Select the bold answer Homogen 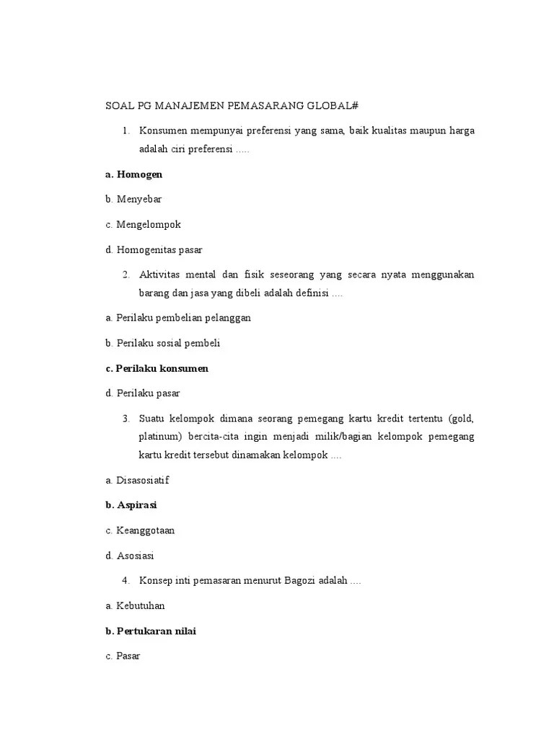(139, 174)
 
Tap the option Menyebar (139, 200)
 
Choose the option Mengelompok (148, 224)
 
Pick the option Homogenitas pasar (159, 249)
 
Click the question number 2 (126, 275)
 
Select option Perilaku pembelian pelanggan (183, 317)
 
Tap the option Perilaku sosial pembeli (168, 343)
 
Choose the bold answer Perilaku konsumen (162, 368)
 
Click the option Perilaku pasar (148, 394)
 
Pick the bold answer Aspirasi (136, 504)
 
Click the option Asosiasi (135, 556)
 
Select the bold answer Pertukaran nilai (156, 631)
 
